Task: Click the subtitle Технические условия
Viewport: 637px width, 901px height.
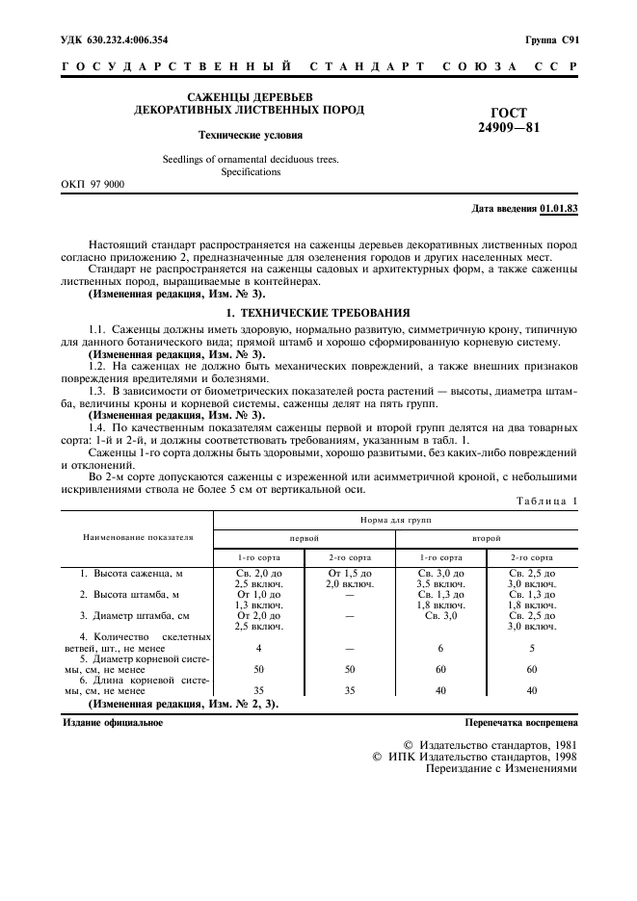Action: (x=251, y=136)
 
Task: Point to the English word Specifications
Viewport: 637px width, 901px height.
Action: (x=251, y=172)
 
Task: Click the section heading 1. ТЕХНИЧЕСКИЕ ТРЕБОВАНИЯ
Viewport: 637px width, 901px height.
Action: (x=318, y=313)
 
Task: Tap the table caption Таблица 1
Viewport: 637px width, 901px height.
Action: (x=545, y=501)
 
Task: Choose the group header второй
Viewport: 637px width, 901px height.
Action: (x=485, y=537)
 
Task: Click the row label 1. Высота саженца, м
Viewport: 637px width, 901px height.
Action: (x=131, y=574)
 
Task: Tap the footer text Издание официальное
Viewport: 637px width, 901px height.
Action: (x=113, y=721)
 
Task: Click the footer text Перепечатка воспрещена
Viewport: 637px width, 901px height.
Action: (x=521, y=721)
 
